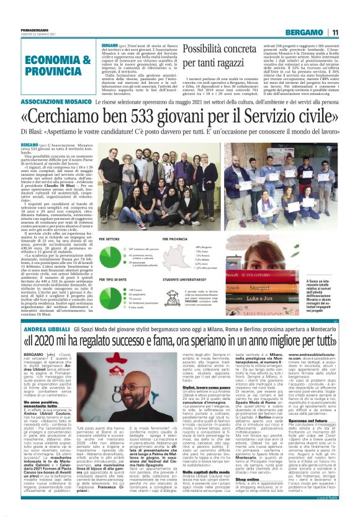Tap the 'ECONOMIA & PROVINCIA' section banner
41,65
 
